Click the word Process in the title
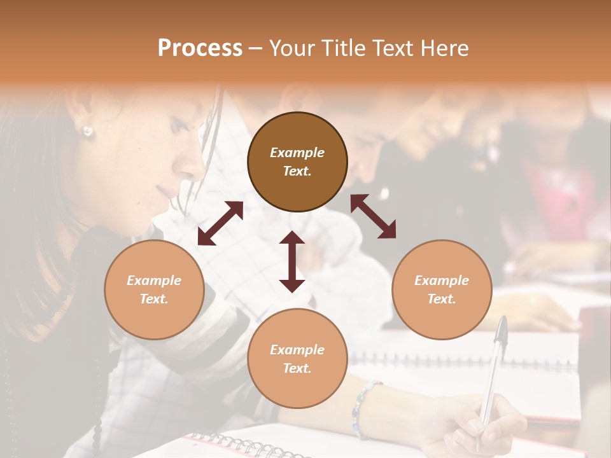click(x=200, y=48)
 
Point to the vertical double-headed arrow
click(x=292, y=261)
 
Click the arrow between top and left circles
click(x=220, y=223)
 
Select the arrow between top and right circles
click(x=374, y=216)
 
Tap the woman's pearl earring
click(x=87, y=132)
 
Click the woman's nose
click(x=191, y=167)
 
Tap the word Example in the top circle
click(x=297, y=153)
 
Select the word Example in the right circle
click(x=442, y=281)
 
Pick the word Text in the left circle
click(x=153, y=299)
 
